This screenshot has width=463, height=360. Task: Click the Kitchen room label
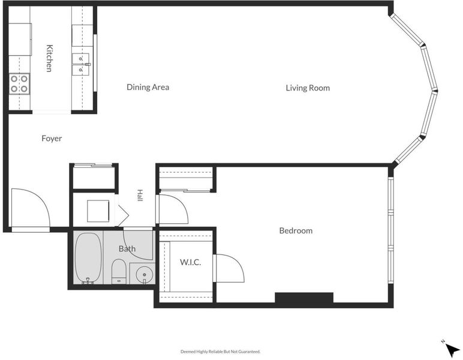pyautogui.click(x=50, y=58)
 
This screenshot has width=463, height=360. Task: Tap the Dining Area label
pyautogui.click(x=148, y=87)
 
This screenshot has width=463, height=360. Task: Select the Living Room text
pyautogui.click(x=308, y=88)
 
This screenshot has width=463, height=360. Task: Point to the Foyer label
pyautogui.click(x=52, y=139)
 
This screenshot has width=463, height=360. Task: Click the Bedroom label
pyautogui.click(x=296, y=230)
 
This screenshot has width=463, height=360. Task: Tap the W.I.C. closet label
pyautogui.click(x=191, y=262)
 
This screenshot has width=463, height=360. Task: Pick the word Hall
pyautogui.click(x=140, y=196)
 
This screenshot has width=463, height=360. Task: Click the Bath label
pyautogui.click(x=127, y=248)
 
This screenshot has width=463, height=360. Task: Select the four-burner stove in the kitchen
pyautogui.click(x=19, y=84)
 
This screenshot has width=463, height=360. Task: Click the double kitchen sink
pyautogui.click(x=81, y=63)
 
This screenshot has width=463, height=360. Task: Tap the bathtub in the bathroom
pyautogui.click(x=88, y=258)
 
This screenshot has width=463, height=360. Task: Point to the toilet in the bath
pyautogui.click(x=119, y=271)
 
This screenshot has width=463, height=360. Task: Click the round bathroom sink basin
pyautogui.click(x=145, y=275)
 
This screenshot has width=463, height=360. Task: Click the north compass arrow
pyautogui.click(x=452, y=350)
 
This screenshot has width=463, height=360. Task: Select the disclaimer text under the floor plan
pyautogui.click(x=220, y=352)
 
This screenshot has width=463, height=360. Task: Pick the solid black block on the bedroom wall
pyautogui.click(x=304, y=298)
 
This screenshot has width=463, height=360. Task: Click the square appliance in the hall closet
pyautogui.click(x=98, y=211)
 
